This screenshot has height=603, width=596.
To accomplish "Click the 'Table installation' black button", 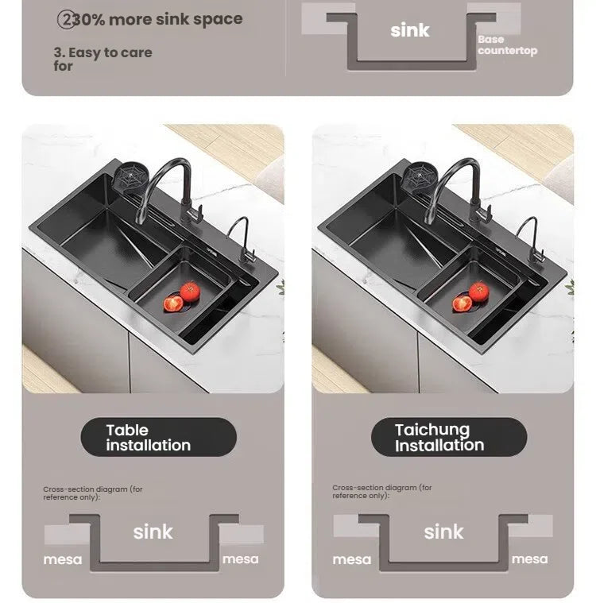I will coord(158,437).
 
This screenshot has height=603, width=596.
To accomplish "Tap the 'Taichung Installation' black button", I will coord(449,437).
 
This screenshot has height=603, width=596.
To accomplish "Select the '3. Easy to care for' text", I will coord(103,59).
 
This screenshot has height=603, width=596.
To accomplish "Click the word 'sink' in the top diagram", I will coord(409,30).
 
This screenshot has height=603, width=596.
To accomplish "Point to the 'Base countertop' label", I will coord(507,45).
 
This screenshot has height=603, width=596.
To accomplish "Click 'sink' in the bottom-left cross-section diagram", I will coord(153,531).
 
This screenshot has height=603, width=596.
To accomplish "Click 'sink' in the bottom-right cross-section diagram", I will coord(443,531).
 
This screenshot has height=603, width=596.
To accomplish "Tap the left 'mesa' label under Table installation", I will coord(63,559).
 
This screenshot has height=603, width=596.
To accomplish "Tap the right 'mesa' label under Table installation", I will coord(240,559).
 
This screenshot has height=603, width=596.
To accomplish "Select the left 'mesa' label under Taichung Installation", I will coord(352,559).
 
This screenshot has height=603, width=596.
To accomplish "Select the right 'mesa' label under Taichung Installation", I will coord(529,559).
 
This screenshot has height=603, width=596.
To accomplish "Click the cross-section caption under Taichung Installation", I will coord(381,492).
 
